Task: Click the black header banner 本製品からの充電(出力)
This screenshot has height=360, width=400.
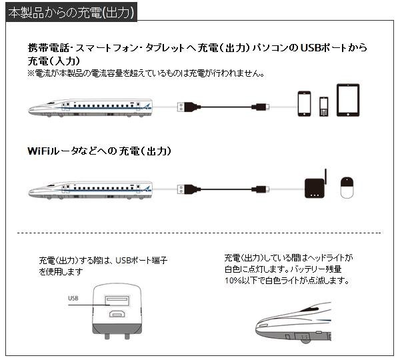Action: click(x=69, y=12)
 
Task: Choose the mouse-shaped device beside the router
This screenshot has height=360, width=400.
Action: click(x=347, y=187)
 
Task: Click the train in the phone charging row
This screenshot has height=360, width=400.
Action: click(x=91, y=106)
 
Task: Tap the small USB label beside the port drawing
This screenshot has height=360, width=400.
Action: click(x=73, y=298)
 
